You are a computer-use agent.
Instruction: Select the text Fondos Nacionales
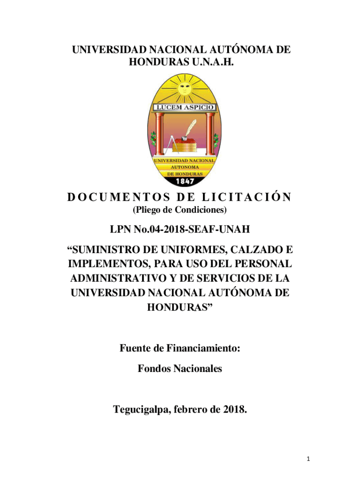180,369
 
